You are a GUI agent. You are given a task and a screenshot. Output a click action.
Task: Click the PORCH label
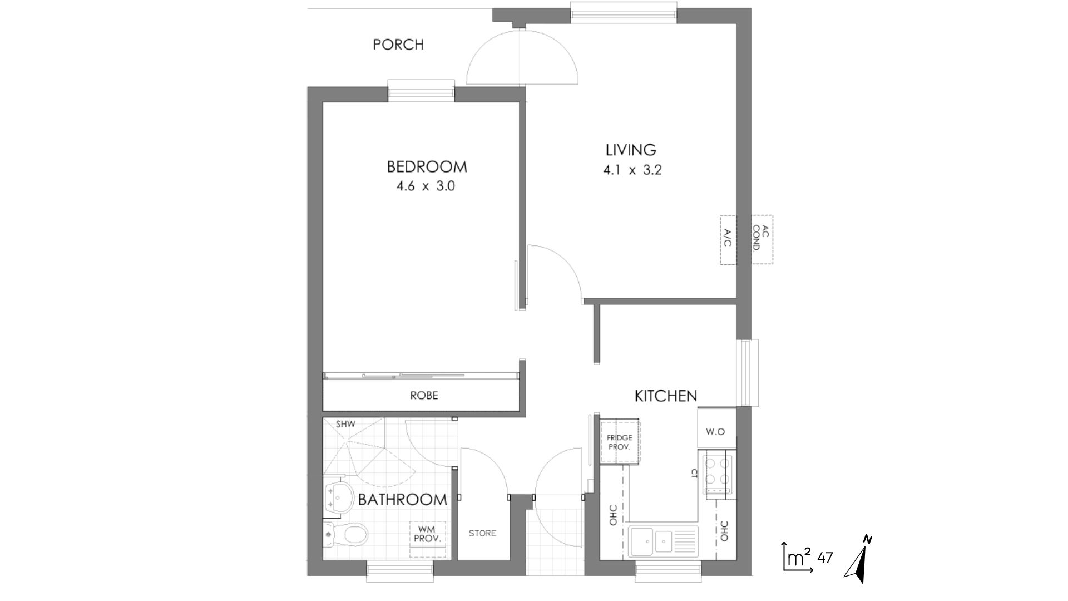tap(398, 45)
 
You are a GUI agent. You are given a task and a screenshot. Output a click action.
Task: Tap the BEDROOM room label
tap(427, 166)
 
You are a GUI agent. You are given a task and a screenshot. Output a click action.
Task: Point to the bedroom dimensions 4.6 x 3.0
tap(426, 186)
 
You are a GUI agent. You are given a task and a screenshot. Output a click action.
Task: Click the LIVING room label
tap(631, 150)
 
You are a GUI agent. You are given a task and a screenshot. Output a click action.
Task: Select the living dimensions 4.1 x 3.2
tap(632, 170)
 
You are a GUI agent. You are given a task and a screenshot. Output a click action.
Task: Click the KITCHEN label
tap(666, 396)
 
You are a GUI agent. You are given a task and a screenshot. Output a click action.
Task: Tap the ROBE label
tap(424, 396)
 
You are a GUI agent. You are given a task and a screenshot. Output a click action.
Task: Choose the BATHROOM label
tap(402, 500)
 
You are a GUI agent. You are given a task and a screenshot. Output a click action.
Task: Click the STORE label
tap(482, 533)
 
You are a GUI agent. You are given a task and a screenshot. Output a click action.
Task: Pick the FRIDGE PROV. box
tap(620, 442)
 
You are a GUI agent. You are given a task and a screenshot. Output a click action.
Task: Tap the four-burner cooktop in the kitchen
tap(718, 474)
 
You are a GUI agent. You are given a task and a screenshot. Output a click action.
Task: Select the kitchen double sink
tap(663, 541)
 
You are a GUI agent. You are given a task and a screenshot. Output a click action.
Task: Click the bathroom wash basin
tap(339, 497)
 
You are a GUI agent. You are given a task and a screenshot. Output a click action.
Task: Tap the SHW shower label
tap(345, 424)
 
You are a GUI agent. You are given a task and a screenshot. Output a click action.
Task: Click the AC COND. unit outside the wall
tap(762, 239)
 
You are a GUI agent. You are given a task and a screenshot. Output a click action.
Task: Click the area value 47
tap(825, 557)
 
